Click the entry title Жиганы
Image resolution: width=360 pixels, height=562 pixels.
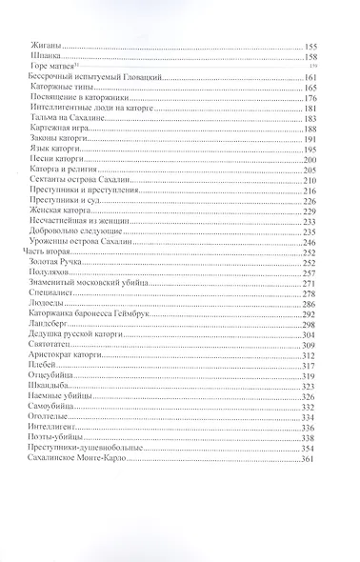[45, 47]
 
